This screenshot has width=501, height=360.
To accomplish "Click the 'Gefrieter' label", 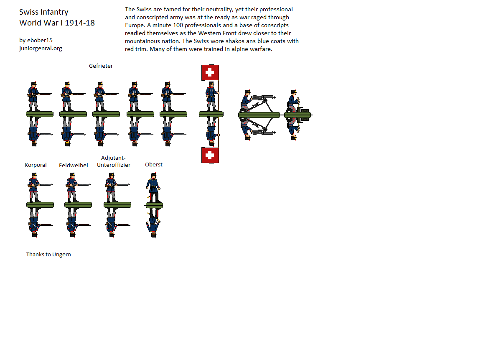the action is (x=101, y=66).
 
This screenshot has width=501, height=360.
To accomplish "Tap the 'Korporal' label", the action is (x=36, y=165).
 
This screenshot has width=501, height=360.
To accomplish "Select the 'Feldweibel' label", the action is (x=73, y=165).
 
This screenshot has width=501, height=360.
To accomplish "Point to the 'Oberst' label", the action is (x=154, y=165).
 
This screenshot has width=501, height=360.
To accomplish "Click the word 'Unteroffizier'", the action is (x=113, y=165).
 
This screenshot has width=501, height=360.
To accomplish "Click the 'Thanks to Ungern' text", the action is (x=48, y=255).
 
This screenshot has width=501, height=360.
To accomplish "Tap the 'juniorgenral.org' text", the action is (x=41, y=48).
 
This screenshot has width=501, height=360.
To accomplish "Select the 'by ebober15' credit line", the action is (x=36, y=40).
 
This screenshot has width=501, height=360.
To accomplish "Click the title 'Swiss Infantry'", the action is (x=44, y=12).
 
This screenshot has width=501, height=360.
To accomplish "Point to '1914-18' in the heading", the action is (x=80, y=23).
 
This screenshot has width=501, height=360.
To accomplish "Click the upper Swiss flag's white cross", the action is (x=210, y=72).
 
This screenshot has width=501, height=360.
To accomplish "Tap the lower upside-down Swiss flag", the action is (x=210, y=155).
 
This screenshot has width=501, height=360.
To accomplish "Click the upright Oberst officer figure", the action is (x=154, y=188).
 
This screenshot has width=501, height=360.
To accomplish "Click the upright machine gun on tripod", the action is (x=262, y=102).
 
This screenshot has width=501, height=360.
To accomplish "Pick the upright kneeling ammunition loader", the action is (x=293, y=101).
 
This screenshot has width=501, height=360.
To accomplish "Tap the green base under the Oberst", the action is (x=154, y=205).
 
